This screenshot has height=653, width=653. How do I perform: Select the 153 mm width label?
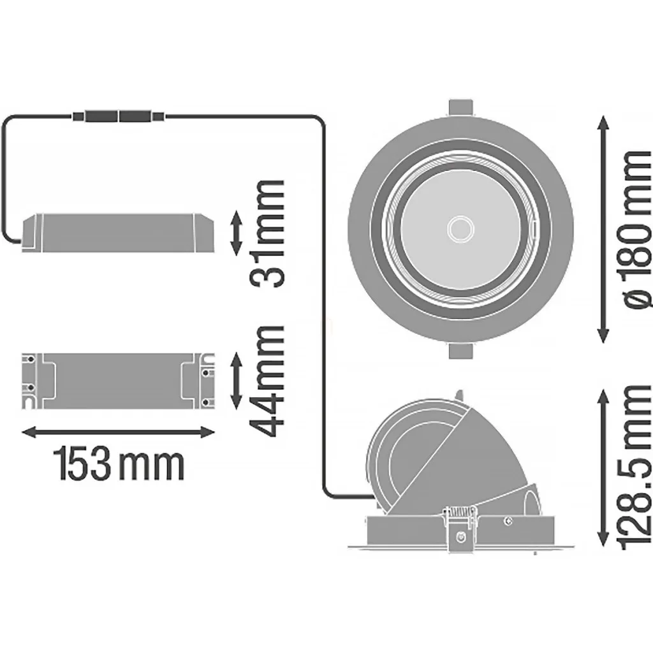click(x=119, y=463)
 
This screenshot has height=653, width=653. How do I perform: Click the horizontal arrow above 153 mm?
click(x=118, y=432)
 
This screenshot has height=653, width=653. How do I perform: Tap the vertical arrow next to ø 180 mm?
click(x=603, y=230)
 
